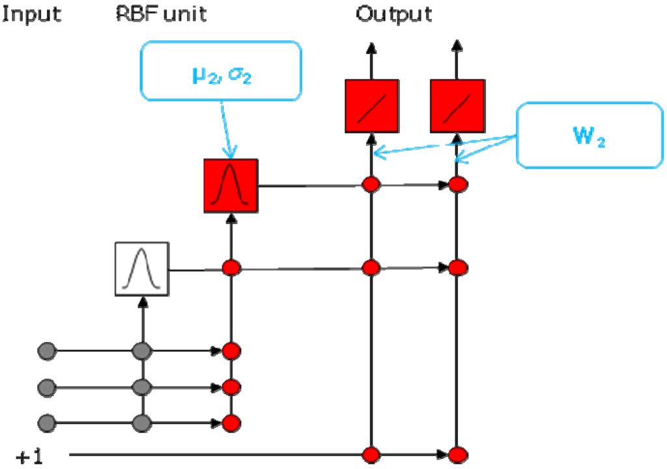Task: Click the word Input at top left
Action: pos(32,14)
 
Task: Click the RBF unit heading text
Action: pos(160,14)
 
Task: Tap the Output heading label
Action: pos(394,14)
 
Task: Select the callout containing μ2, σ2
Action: pos(221,71)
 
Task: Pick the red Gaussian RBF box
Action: pos(231,186)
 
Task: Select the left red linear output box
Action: pos(371,106)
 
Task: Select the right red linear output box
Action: pos(457,106)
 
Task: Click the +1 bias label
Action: pos(29,458)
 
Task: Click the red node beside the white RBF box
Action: pos(231,267)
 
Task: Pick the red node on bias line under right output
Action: pos(458,454)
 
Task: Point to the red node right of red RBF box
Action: pos(371,185)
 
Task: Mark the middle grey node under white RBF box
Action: pos(142,388)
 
